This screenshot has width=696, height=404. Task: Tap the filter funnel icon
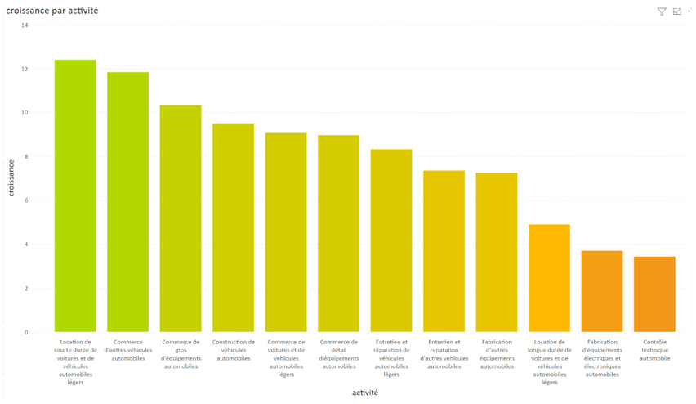tap(662, 11)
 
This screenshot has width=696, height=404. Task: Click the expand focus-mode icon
tap(676, 11)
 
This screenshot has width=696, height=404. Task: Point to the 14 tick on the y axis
tap(25, 25)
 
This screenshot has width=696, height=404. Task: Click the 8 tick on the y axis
tap(25, 157)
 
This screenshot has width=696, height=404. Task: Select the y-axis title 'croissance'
tap(11, 177)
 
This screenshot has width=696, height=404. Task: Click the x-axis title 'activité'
tap(365, 393)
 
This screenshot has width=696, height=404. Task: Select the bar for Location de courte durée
tap(75, 196)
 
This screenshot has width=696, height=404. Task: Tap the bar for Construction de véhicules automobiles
tap(234, 228)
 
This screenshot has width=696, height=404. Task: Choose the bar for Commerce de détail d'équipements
tap(339, 233)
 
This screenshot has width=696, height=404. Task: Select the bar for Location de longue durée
tap(549, 278)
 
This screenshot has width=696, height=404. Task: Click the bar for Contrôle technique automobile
tap(654, 294)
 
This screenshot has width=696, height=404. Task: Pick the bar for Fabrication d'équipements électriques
tap(602, 291)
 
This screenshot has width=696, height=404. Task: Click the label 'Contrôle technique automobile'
tap(654, 350)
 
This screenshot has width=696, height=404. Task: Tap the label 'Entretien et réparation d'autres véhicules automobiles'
tap(444, 354)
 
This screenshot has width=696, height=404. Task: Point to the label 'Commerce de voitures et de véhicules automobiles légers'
tap(286, 358)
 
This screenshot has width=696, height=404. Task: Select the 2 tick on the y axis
tap(25, 289)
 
